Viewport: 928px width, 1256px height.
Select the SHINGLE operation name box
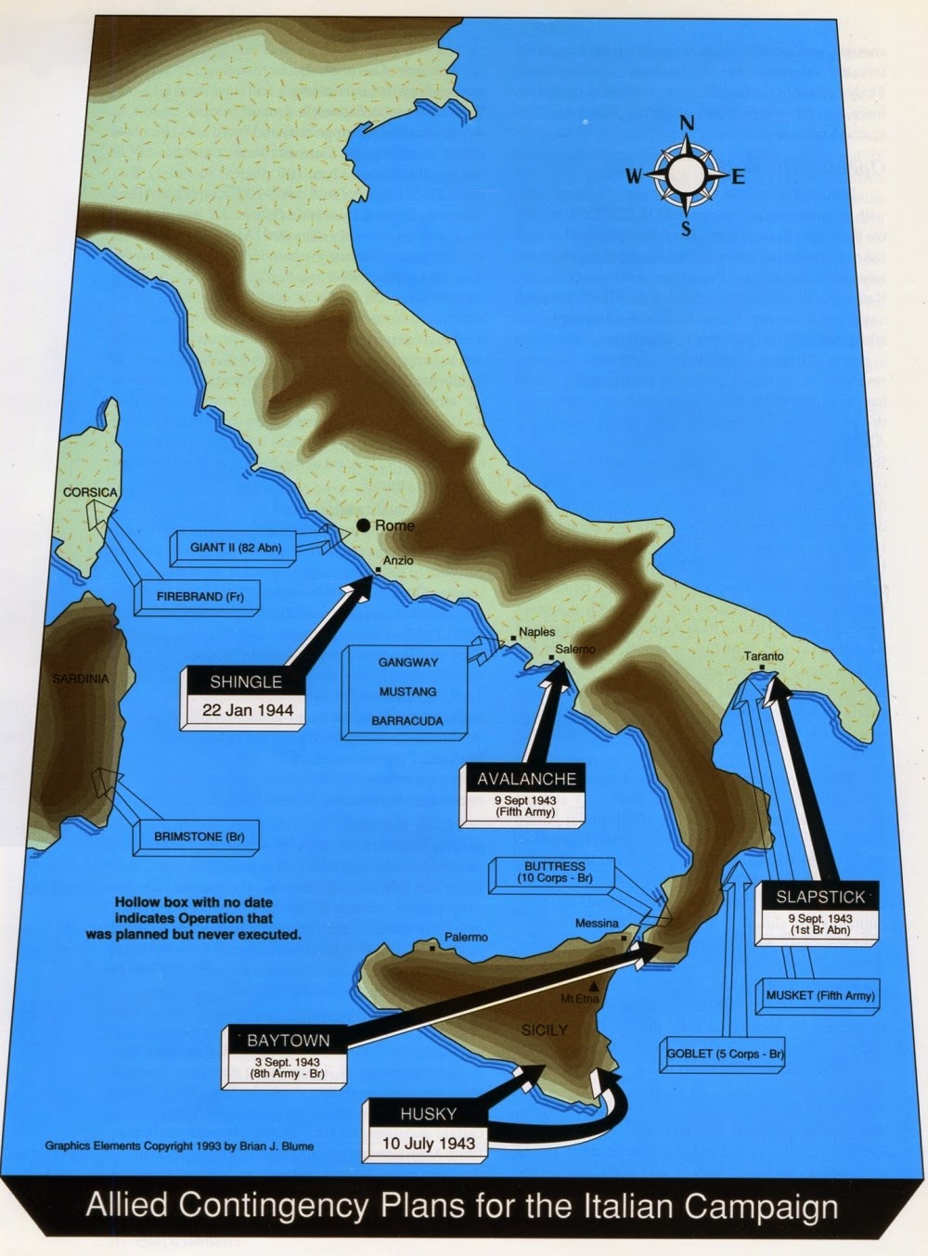pyautogui.click(x=245, y=682)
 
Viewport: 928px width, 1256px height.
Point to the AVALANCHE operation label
pyautogui.click(x=526, y=779)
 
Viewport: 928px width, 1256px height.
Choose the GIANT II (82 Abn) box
pyautogui.click(x=236, y=548)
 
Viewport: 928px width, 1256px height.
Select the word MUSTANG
pyautogui.click(x=407, y=692)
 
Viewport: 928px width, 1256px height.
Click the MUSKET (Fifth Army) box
pyautogui.click(x=820, y=996)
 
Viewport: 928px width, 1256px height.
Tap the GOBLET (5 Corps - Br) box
pyautogui.click(x=726, y=1054)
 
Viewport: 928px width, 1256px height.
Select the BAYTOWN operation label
pyautogui.click(x=288, y=1040)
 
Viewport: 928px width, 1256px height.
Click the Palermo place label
pyautogui.click(x=466, y=937)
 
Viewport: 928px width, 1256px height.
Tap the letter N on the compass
pyautogui.click(x=687, y=123)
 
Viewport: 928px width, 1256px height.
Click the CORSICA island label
pyautogui.click(x=90, y=492)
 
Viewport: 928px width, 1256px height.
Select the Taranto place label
pyautogui.click(x=764, y=656)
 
